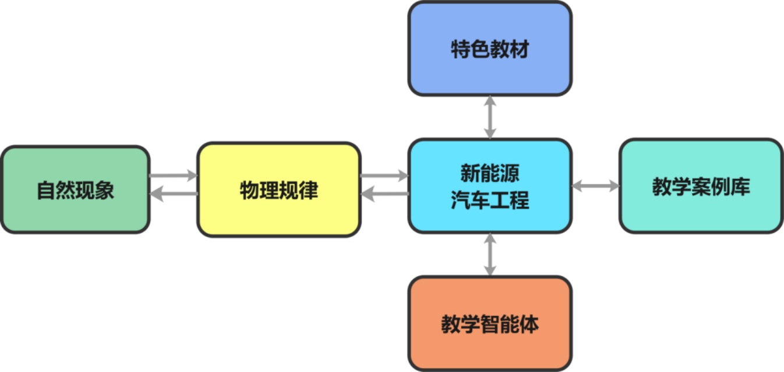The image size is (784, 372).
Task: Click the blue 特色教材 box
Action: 490,49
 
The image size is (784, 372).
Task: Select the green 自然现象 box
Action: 75,189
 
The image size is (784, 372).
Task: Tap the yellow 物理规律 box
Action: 279,189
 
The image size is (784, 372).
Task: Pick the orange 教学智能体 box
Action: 490,324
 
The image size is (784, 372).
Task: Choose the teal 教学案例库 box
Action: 701,186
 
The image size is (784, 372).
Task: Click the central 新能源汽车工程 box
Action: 490,186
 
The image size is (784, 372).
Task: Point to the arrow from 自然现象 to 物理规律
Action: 173,175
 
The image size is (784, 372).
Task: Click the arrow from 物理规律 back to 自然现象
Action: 173,193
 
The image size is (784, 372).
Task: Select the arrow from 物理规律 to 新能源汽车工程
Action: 384,175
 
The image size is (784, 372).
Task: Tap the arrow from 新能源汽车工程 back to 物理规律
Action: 384,193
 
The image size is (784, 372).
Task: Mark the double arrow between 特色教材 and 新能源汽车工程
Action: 490,117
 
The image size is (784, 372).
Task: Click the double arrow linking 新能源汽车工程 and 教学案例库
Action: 595,186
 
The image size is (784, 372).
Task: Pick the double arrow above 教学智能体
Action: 490,254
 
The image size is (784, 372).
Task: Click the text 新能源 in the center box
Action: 490,173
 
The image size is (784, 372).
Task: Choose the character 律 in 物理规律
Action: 309,190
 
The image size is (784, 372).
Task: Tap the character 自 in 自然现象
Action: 46,190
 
